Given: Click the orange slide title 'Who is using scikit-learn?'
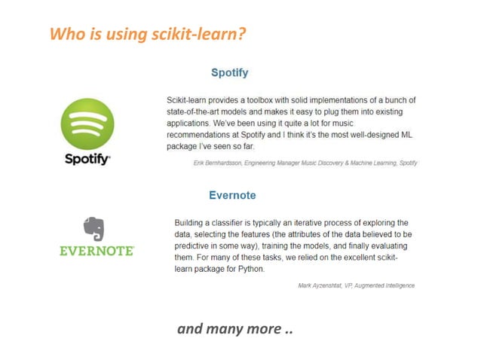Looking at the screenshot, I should point(149,34).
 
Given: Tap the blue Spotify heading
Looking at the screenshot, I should point(229,73).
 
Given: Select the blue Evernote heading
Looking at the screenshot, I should point(232,195).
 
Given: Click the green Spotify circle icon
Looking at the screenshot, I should point(87,124).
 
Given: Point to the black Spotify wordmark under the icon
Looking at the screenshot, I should point(87,160).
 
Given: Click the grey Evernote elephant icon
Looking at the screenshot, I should point(93,229).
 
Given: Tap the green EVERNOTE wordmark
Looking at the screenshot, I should point(97,251).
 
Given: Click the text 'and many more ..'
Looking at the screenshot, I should point(234,328).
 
